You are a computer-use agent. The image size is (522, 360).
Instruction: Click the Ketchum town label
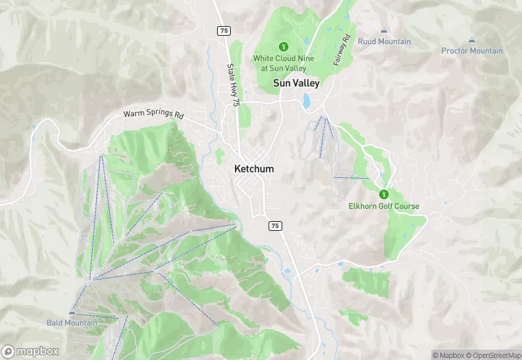pos(253,169)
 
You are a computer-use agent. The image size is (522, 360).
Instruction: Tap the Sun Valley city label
pos(297,83)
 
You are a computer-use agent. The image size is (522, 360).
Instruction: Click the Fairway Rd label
pos(343,49)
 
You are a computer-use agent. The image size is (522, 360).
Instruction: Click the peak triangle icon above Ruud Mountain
pos(384,30)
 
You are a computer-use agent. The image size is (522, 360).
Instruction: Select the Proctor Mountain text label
pos(472,51)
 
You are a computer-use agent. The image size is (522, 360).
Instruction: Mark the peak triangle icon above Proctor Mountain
pos(472,39)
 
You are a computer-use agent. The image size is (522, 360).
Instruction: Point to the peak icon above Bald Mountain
pos(71,312)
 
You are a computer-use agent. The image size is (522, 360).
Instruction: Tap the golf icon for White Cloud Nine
pos(282,47)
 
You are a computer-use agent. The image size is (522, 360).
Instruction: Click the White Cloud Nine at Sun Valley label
pos(284,63)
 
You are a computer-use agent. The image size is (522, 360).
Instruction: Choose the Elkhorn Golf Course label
pos(384,206)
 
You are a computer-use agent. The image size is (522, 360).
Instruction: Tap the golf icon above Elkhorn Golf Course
pos(383,194)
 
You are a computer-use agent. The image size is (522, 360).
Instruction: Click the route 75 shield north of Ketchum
pos(224,30)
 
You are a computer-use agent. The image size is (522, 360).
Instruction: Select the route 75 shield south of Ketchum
pos(275,225)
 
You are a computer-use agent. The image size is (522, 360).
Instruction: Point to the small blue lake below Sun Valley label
pos(306,102)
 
